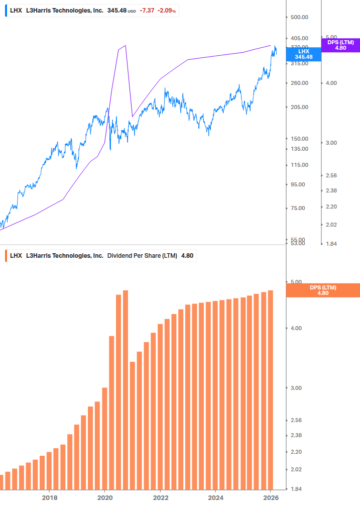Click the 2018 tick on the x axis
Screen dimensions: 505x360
pyautogui.click(x=49, y=497)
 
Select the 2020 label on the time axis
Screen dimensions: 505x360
pyautogui.click(x=104, y=497)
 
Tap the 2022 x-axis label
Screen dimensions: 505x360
pyautogui.click(x=160, y=497)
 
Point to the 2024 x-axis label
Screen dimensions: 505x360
pyautogui.click(x=215, y=497)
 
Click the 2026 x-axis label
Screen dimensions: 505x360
pyautogui.click(x=271, y=497)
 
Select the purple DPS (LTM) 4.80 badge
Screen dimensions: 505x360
pyautogui.click(x=340, y=45)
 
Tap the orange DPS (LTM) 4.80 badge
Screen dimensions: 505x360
pyautogui.click(x=322, y=290)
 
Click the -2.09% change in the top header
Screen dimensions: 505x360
pyautogui.click(x=167, y=10)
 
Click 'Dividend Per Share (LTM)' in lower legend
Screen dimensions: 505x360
pyautogui.click(x=142, y=255)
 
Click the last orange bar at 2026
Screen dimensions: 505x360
pyautogui.click(x=270, y=389)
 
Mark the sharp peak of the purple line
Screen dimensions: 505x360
pyautogui.click(x=125, y=46)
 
